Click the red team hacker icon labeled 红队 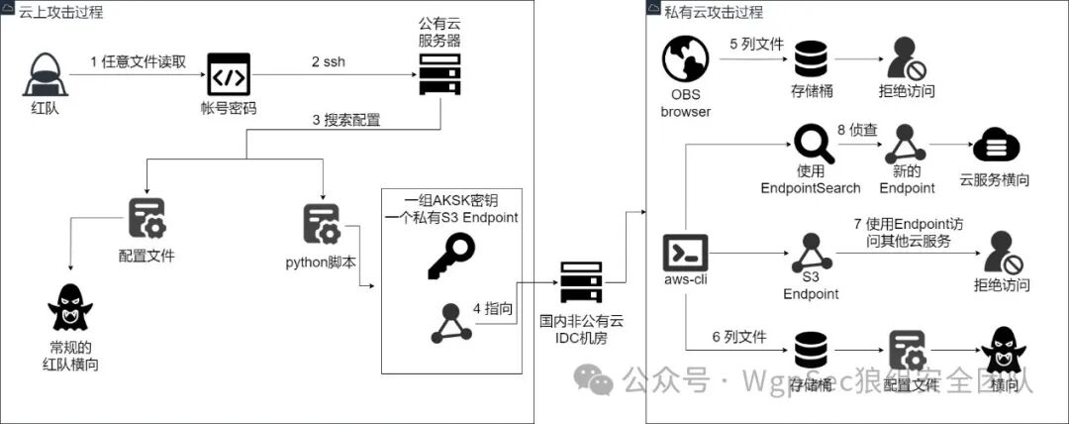pos(45,73)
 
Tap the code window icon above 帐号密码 pos(228,73)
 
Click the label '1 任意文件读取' pos(138,61)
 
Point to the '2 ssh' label pos(330,61)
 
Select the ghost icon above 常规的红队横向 pos(69,307)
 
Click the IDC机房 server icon pos(580,282)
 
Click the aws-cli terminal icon pos(685,255)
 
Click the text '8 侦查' pos(857,128)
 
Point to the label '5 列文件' pos(756,45)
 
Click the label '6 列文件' pos(738,337)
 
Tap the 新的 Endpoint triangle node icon pos(906,146)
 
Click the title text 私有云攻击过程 pos(714,11)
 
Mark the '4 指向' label pos(492,308)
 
